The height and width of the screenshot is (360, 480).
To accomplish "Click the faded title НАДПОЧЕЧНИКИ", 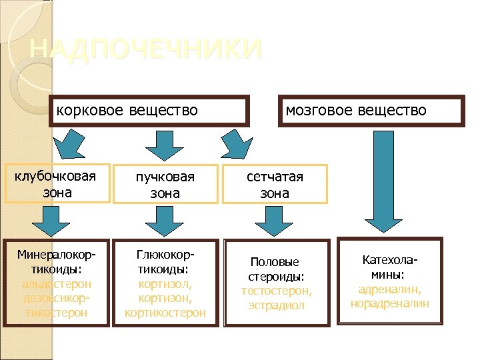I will pyautogui.click(x=147, y=49).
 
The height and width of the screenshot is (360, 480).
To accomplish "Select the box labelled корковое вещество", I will pyautogui.click(x=150, y=110).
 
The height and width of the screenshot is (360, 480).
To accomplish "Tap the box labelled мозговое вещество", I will pyautogui.click(x=371, y=110).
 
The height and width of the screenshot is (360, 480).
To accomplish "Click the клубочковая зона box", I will pyautogui.click(x=56, y=183).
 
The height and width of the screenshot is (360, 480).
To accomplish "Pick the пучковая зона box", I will pyautogui.click(x=165, y=185).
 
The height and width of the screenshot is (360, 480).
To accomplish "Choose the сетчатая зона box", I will pyautogui.click(x=275, y=185).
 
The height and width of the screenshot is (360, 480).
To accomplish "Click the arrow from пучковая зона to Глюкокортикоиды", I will pyautogui.click(x=165, y=219).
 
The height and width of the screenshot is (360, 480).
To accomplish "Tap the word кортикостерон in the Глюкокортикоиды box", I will pyautogui.click(x=165, y=312).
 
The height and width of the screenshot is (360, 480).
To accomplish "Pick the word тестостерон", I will pyautogui.click(x=275, y=291).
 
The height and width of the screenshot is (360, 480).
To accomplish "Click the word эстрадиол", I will pyautogui.click(x=275, y=305).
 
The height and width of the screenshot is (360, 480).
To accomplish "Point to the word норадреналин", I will pyautogui.click(x=390, y=303).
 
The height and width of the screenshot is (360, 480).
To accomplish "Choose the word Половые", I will pyautogui.click(x=275, y=262).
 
